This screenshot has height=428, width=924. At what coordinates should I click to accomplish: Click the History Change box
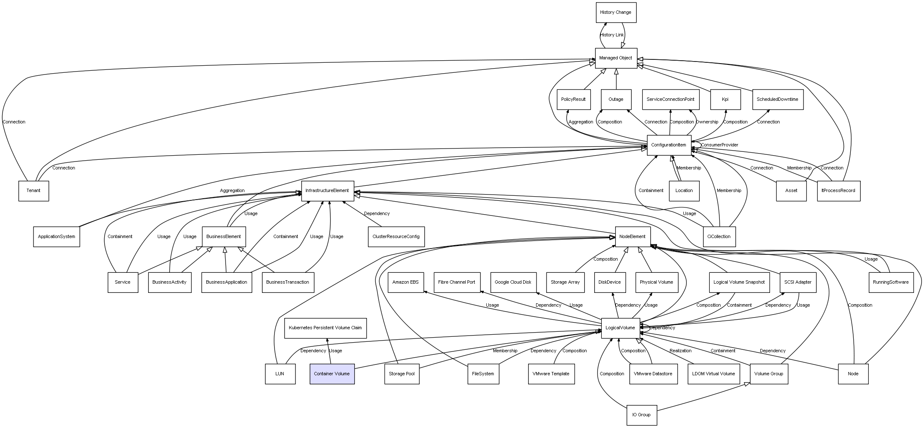point(616,13)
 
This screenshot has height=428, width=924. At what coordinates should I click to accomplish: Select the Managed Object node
point(616,58)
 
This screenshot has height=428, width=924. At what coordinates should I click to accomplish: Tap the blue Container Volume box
point(332,374)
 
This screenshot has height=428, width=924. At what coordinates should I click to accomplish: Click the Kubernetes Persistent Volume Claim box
point(325,328)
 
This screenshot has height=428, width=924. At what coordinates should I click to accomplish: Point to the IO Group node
point(641,415)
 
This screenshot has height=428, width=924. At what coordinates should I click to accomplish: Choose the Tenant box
point(33,191)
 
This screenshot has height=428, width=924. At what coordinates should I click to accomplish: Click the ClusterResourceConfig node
point(396,237)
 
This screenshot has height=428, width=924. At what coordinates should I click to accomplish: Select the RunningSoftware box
point(891,282)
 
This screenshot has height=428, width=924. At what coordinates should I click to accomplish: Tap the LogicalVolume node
point(620,328)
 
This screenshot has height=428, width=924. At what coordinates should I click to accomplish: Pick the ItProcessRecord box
point(838,191)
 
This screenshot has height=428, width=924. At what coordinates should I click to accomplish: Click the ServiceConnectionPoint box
point(670,100)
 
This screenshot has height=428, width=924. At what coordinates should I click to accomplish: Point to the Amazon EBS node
point(405,282)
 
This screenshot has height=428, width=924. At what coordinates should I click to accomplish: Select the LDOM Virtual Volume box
point(714,374)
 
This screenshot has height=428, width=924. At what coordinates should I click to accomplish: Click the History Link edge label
point(611,35)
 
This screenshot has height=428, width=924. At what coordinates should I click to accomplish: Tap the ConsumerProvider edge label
point(719,145)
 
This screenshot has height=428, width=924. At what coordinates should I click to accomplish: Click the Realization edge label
point(680,351)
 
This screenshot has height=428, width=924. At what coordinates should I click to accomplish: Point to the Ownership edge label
point(707,122)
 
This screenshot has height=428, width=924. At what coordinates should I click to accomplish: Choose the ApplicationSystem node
point(56,237)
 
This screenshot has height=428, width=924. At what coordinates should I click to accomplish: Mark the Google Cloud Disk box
point(513,282)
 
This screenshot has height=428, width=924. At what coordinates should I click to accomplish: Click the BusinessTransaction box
point(287,282)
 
